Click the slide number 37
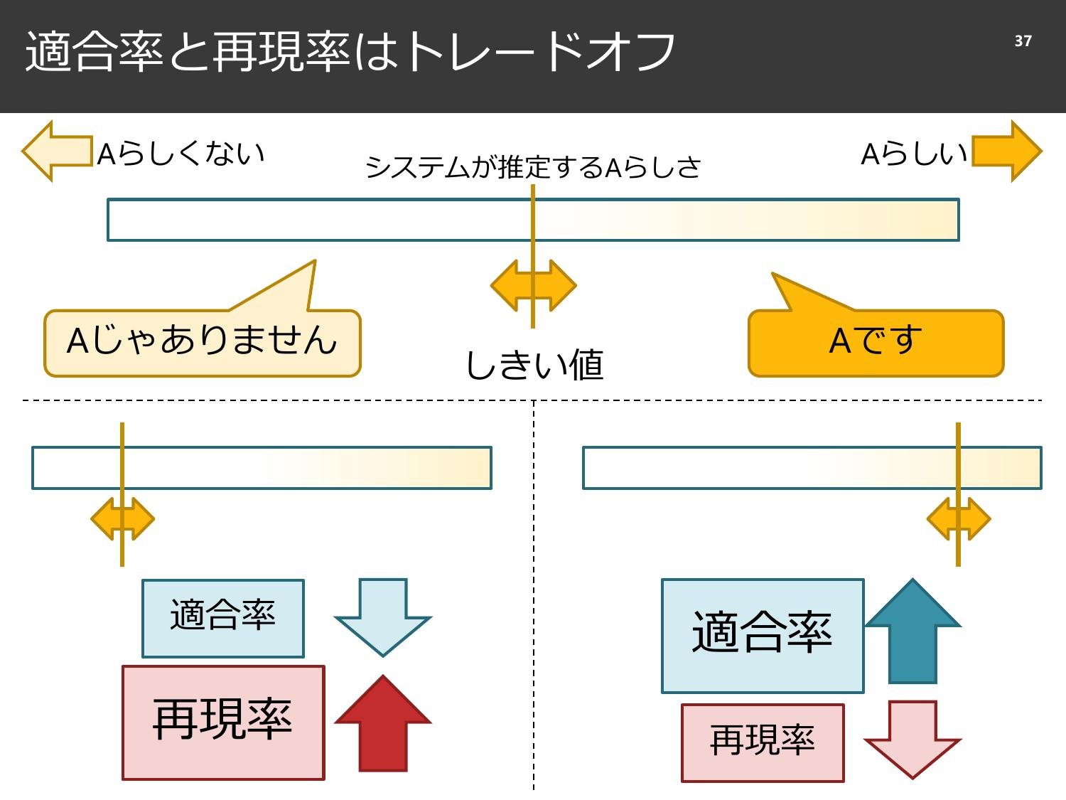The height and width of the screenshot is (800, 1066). click(x=1023, y=41)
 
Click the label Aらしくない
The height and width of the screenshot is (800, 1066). click(x=181, y=154)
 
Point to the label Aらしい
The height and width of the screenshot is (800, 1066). click(x=914, y=154)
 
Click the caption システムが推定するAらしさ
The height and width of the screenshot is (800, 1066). click(x=533, y=168)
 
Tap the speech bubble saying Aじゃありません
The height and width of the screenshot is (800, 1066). click(x=203, y=342)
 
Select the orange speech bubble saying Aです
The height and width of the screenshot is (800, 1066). click(x=876, y=342)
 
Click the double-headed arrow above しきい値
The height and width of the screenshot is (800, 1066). click(x=533, y=285)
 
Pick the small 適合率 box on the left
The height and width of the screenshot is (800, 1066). click(x=223, y=618)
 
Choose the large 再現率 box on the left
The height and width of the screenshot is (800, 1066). click(x=223, y=722)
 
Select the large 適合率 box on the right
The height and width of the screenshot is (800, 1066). click(x=763, y=635)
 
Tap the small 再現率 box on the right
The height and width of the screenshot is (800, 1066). click(x=763, y=742)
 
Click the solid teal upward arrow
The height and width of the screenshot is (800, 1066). click(x=912, y=632)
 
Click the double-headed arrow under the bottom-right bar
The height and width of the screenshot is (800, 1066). click(x=959, y=519)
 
